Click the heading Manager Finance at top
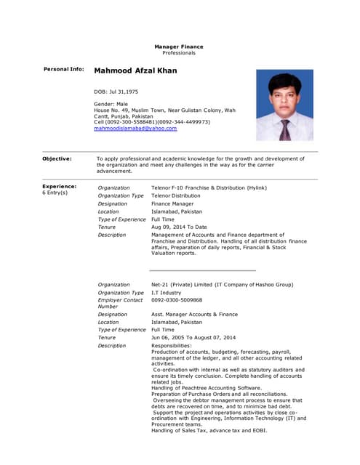[x=178, y=46]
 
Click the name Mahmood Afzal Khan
[x=135, y=71]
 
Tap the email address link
[x=135, y=128]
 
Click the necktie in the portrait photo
[x=285, y=129]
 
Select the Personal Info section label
[x=64, y=69]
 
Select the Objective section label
[x=57, y=158]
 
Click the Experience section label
[x=60, y=186]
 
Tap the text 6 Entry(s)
[x=55, y=193]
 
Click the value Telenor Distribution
[x=175, y=195]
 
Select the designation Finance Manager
[x=172, y=203]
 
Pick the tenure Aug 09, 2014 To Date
[x=179, y=227]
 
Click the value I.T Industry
[x=167, y=292]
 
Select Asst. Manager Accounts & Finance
[x=194, y=315]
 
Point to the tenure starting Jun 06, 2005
[x=193, y=337]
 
